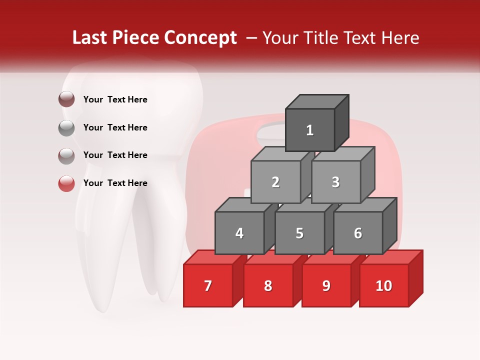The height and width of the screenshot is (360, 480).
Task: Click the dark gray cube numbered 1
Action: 310,130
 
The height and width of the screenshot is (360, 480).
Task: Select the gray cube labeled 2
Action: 275,182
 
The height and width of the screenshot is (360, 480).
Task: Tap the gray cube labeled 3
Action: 335,182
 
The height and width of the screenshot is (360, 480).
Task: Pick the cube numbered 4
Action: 239,233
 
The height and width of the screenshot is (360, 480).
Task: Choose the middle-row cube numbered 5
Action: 299,233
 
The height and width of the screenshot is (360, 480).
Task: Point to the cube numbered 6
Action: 358,233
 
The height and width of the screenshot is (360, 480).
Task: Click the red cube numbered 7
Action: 208,285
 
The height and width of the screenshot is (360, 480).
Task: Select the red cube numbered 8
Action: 268,285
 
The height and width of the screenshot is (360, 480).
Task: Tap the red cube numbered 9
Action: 326,285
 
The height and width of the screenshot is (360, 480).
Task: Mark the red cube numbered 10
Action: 384,285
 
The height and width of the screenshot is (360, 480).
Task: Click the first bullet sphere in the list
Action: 66,99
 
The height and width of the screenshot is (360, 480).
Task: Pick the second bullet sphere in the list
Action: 66,128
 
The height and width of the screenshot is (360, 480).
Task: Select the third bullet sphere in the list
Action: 66,156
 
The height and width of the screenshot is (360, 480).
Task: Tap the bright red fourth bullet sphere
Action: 66,183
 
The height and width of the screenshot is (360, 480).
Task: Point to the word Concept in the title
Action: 201,38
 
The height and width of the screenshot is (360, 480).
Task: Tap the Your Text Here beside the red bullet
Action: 115,183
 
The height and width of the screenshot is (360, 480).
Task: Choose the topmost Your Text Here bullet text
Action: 115,99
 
